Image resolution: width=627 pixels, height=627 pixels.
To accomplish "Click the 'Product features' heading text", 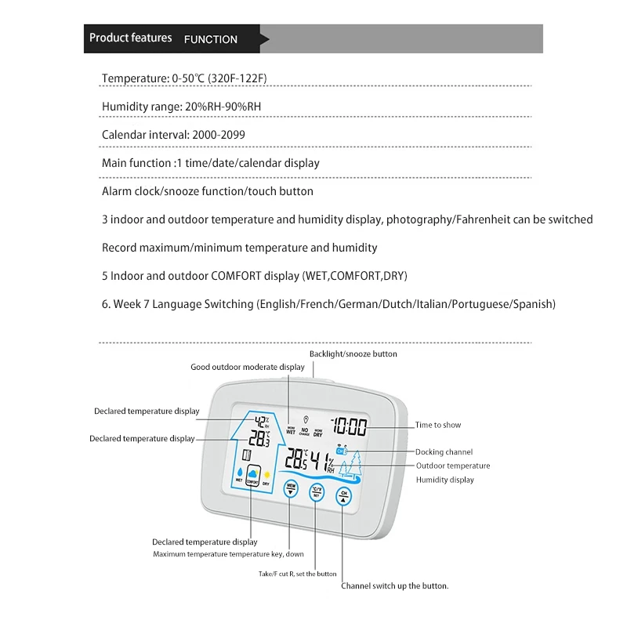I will click(130, 38).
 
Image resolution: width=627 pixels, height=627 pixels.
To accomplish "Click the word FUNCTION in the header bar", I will click(210, 39).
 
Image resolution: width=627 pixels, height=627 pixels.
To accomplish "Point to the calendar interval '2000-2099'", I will click(218, 135).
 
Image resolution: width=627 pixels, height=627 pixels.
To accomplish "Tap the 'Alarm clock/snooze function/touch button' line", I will click(207, 191).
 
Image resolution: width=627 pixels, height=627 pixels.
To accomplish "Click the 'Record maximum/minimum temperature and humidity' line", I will click(239, 248).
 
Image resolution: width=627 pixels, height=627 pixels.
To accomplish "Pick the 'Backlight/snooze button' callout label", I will click(353, 354).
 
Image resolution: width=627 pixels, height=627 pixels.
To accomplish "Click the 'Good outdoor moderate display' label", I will click(248, 367).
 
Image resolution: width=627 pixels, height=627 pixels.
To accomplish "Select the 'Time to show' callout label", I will click(438, 425).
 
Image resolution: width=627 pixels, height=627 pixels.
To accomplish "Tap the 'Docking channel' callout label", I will click(444, 452).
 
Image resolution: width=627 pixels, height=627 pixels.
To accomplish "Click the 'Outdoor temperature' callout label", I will click(453, 466).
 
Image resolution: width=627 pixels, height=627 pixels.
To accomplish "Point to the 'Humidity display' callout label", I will click(444, 480).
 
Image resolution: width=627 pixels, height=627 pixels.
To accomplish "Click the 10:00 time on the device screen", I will click(349, 427).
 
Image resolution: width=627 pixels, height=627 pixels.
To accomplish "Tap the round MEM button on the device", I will click(291, 488).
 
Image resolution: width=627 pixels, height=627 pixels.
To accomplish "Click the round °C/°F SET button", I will click(317, 492).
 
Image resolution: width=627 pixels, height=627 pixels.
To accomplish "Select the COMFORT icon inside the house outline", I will click(252, 476).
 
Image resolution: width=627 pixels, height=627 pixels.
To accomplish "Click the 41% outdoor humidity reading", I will click(321, 460).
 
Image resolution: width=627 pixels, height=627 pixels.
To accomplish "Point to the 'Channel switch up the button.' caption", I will click(394, 585).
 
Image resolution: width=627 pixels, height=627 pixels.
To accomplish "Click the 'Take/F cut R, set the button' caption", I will click(297, 574).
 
